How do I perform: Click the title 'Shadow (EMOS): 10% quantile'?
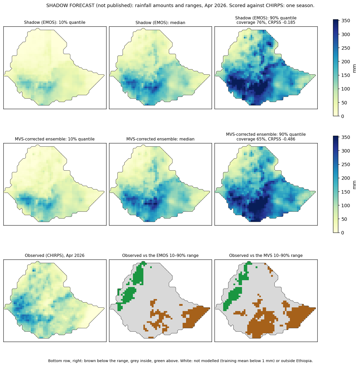click(x=54, y=22)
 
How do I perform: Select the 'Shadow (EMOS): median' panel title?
click(x=160, y=22)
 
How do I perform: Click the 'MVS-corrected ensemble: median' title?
click(x=160, y=139)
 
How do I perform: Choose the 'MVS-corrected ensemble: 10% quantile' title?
click(x=54, y=139)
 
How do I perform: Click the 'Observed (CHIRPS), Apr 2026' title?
click(x=54, y=255)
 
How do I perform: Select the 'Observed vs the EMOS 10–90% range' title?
click(x=160, y=255)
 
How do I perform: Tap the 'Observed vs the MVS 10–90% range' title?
click(x=266, y=255)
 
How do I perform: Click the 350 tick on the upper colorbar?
click(x=346, y=21)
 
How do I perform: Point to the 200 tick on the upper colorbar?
click(x=346, y=62)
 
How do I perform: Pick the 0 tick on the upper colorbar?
click(x=342, y=116)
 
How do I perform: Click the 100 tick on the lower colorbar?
click(x=346, y=206)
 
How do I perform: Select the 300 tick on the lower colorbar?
click(x=346, y=151)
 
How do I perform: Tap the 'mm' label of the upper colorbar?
click(x=354, y=68)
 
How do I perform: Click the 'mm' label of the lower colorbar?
click(x=354, y=185)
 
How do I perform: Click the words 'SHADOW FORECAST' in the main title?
click(x=70, y=5)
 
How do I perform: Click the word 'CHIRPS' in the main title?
click(x=264, y=5)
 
